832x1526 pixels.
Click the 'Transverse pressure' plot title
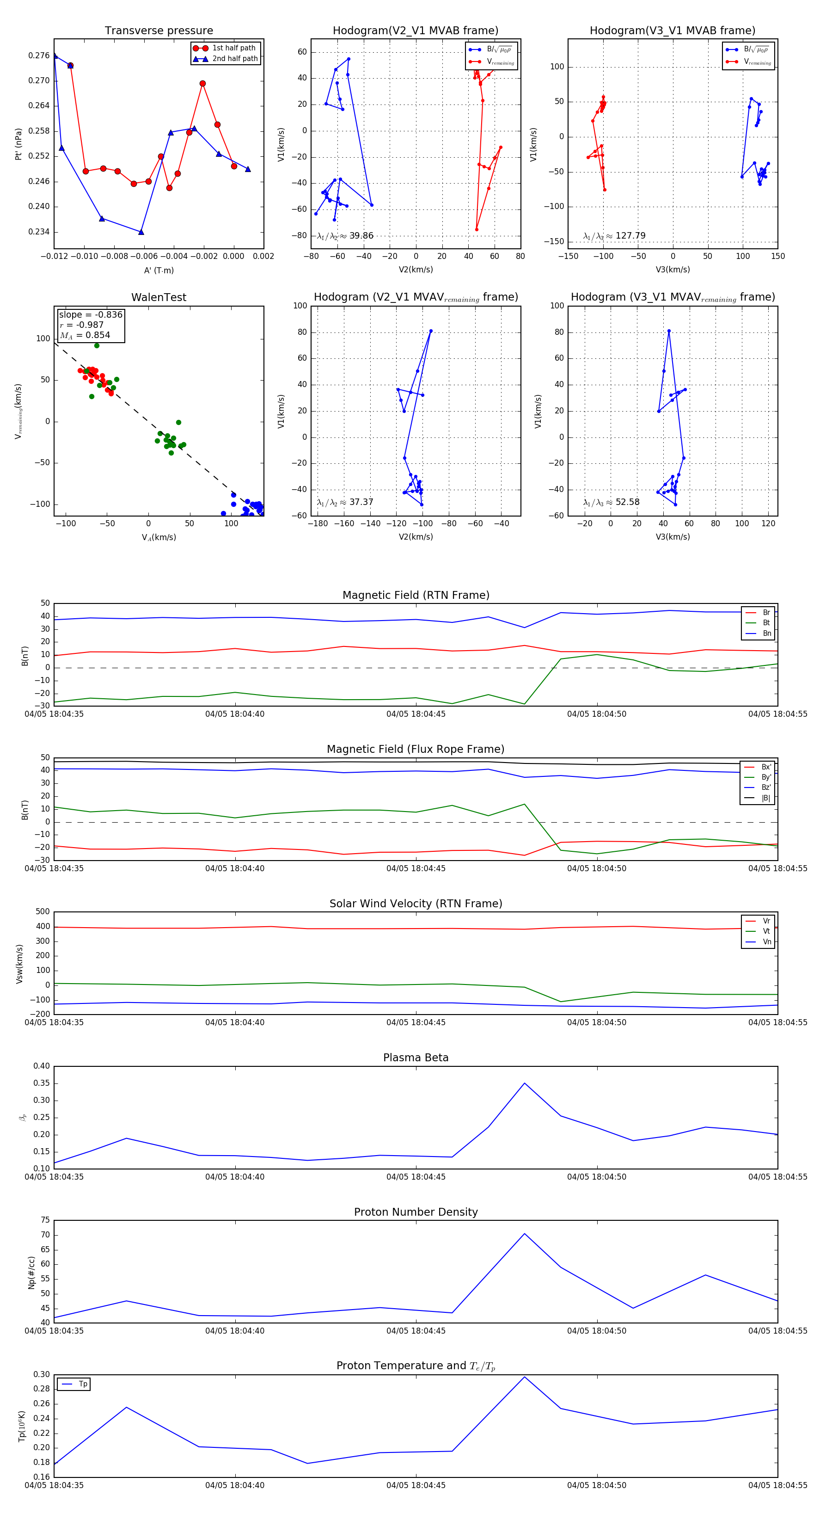click(159, 31)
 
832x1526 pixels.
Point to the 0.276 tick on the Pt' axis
click(39, 55)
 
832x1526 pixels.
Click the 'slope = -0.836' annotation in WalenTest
click(91, 314)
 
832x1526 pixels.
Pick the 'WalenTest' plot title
click(159, 297)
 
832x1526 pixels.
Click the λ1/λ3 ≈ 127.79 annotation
click(614, 236)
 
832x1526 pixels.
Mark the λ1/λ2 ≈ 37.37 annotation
click(345, 502)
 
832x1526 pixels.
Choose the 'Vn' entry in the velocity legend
click(766, 941)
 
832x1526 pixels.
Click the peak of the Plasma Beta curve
click(524, 1083)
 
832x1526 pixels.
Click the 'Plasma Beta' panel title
click(416, 1058)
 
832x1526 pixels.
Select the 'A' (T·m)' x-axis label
click(159, 270)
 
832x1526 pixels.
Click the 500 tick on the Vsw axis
click(43, 912)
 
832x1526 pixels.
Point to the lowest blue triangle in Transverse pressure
click(141, 232)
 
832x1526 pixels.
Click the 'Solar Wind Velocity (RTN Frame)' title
click(416, 904)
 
